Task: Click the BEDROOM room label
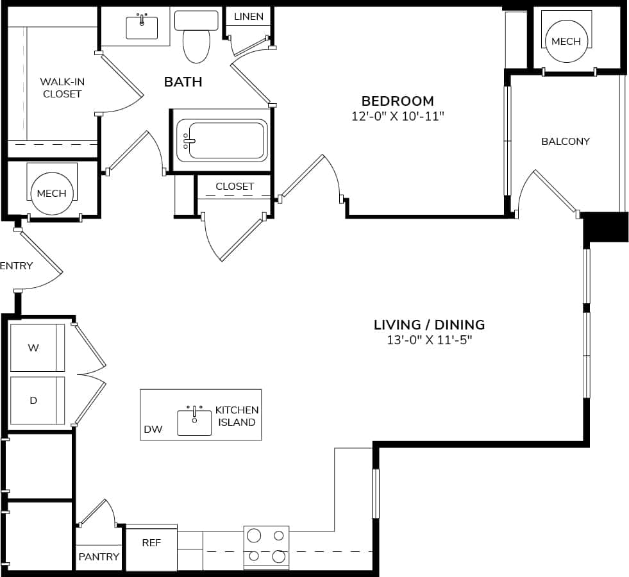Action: (x=398, y=101)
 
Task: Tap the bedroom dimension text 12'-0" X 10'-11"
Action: (x=398, y=116)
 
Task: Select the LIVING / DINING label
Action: (x=429, y=324)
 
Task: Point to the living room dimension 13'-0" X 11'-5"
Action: (x=429, y=340)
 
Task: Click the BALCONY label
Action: (x=565, y=141)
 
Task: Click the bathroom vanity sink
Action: (x=142, y=27)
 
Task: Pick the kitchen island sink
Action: (x=194, y=422)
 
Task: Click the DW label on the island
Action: (x=153, y=430)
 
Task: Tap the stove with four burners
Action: (x=266, y=546)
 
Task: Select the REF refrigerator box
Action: (x=151, y=543)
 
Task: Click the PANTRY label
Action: (x=99, y=556)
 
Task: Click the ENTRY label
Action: (x=16, y=265)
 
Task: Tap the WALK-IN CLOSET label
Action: (x=62, y=88)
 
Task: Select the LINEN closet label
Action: (x=248, y=16)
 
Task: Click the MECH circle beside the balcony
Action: (x=566, y=41)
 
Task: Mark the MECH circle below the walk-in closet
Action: (x=51, y=193)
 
